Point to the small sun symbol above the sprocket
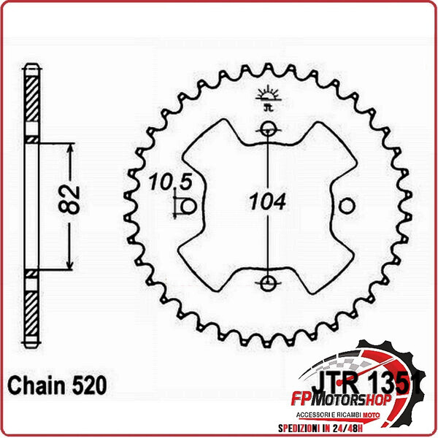pos(268,94)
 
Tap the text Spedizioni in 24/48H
pos(342,426)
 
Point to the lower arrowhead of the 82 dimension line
pos(70,264)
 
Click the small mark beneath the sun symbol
pos(268,107)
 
